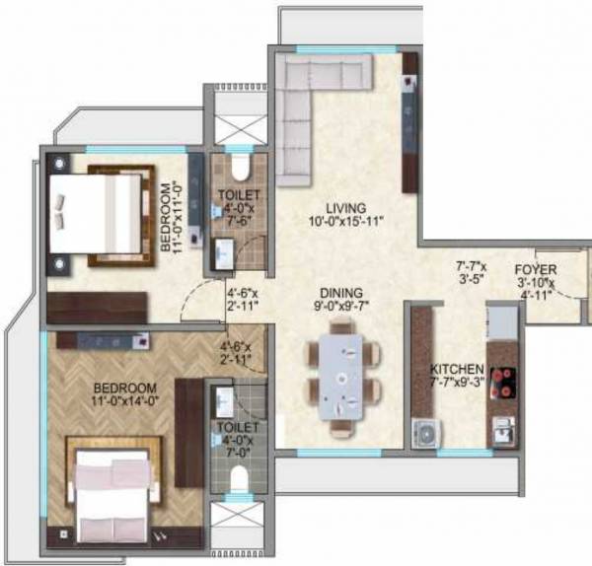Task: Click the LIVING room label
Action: coord(346,208)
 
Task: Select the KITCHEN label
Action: coord(455,371)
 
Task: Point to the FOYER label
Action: coord(536,268)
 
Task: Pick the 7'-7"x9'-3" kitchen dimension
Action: coord(455,384)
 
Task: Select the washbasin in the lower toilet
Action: coord(223,402)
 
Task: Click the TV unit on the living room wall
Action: coord(409,122)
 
